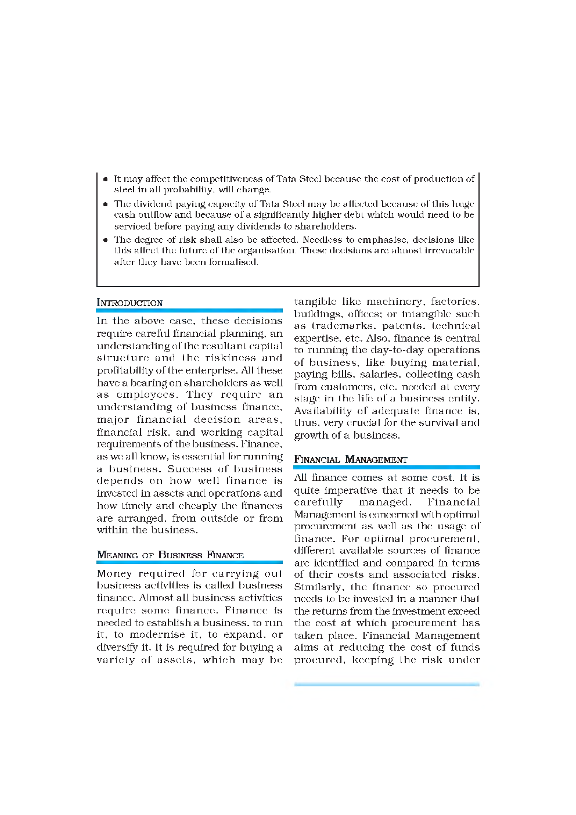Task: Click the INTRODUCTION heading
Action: click(x=129, y=303)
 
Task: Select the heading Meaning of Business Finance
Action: click(x=170, y=555)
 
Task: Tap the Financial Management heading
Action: click(x=351, y=459)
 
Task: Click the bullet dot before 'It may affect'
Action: click(x=106, y=179)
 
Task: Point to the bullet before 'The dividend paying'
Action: click(x=106, y=204)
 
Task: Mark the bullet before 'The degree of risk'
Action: click(x=106, y=240)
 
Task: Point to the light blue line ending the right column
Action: click(x=387, y=685)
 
